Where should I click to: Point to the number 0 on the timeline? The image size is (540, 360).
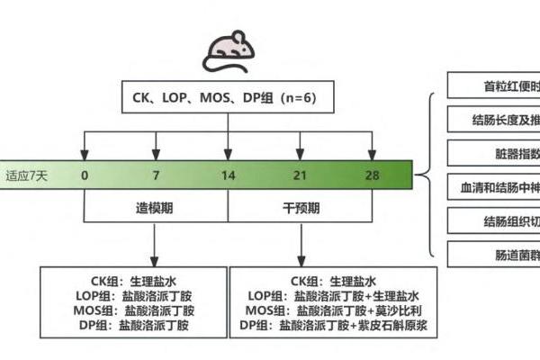85,175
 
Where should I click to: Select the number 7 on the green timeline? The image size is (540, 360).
156,175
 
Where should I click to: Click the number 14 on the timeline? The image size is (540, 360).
227,175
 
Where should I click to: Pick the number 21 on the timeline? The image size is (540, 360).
299,175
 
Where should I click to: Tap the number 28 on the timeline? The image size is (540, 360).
371,175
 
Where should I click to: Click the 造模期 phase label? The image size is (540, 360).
156,206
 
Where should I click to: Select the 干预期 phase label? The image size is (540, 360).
299,206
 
